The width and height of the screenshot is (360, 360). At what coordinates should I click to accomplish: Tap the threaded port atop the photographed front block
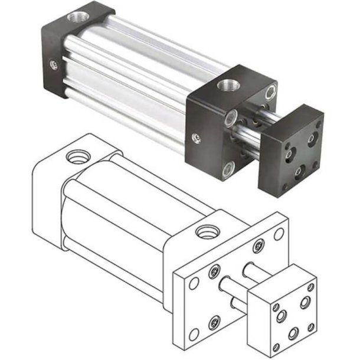(x=226, y=85)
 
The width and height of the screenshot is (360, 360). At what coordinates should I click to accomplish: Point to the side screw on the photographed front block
(x=197, y=138)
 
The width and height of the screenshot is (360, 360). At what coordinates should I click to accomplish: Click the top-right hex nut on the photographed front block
(x=270, y=91)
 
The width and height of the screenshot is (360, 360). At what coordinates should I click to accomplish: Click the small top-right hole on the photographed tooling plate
(x=319, y=125)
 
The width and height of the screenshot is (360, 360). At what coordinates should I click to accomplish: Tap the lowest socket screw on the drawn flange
(x=214, y=322)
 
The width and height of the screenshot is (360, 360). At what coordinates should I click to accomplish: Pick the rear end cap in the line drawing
(x=47, y=195)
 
